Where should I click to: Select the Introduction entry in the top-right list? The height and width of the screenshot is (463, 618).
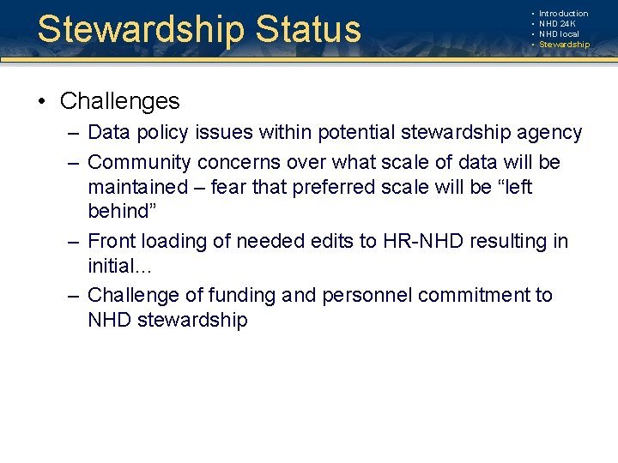pyautogui.click(x=563, y=14)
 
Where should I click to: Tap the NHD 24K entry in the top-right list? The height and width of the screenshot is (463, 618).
pyautogui.click(x=557, y=24)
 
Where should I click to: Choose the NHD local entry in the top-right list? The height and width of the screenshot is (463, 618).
pyautogui.click(x=559, y=34)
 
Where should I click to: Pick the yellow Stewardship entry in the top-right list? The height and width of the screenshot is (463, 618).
pyautogui.click(x=564, y=45)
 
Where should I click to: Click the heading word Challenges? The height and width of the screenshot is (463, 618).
pyautogui.click(x=119, y=101)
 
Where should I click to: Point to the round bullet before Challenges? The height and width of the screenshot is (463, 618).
pyautogui.click(x=41, y=102)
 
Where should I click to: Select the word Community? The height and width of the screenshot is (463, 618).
pyautogui.click(x=141, y=162)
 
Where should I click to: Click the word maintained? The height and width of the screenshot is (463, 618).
pyautogui.click(x=138, y=187)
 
